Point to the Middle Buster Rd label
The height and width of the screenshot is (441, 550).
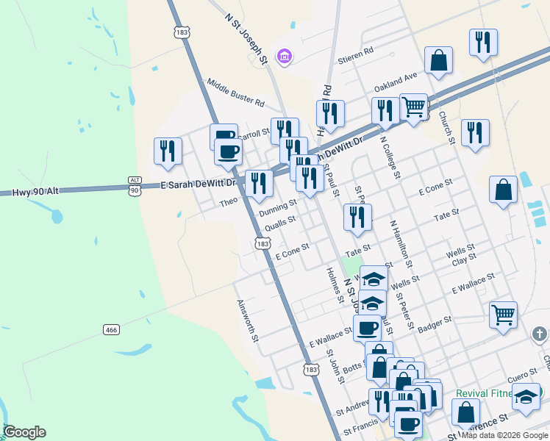235,93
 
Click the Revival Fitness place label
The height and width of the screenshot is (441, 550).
482,393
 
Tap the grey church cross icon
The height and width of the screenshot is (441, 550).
540,335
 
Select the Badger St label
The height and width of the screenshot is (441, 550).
435,323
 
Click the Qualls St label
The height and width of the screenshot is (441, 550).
280,222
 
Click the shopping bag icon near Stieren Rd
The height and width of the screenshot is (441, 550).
438,62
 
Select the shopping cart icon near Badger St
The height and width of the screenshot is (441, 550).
503,315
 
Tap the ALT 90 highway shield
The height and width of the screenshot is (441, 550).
134,185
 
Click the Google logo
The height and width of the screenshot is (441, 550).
24,432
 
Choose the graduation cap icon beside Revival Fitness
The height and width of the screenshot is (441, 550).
526,397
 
